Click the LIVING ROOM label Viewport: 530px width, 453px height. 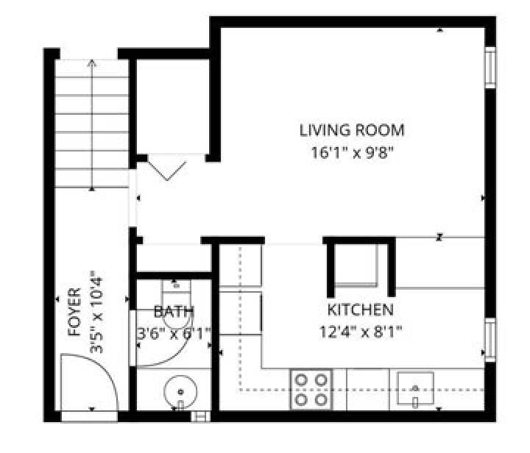click(x=352, y=130)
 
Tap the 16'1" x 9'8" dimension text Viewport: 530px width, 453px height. click(x=353, y=153)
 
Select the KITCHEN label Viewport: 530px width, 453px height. click(x=361, y=310)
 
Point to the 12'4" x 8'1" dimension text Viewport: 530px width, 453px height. click(x=361, y=332)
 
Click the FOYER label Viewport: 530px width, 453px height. click(x=74, y=312)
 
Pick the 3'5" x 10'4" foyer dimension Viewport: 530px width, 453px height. click(x=96, y=312)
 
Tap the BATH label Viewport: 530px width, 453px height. click(x=174, y=312)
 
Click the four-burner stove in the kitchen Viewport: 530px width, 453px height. click(x=311, y=390)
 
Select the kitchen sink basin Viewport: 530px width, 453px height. click(x=415, y=388)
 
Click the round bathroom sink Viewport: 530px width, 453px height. click(x=180, y=391)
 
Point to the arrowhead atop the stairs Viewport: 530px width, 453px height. click(x=92, y=63)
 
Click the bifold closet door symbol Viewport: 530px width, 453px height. click(x=167, y=171)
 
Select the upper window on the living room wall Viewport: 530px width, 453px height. click(x=490, y=67)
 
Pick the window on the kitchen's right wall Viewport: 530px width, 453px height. click(x=490, y=340)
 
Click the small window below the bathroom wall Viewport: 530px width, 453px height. click(x=200, y=416)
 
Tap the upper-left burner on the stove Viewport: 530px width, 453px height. click(x=301, y=380)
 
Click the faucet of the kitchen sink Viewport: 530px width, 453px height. click(x=415, y=401)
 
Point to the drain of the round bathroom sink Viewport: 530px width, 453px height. click(x=180, y=392)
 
